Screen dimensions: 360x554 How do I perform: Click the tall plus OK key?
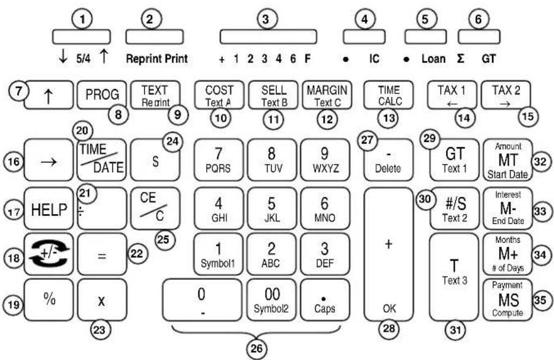387,253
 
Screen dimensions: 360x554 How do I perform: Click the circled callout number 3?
265,20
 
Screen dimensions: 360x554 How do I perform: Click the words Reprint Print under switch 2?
156,60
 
